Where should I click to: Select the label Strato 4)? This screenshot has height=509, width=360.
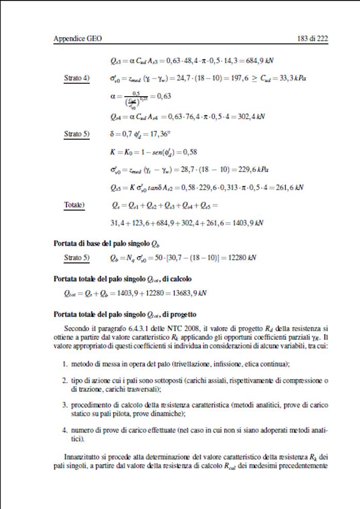click(77, 78)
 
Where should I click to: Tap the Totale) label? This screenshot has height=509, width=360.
click(75, 206)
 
